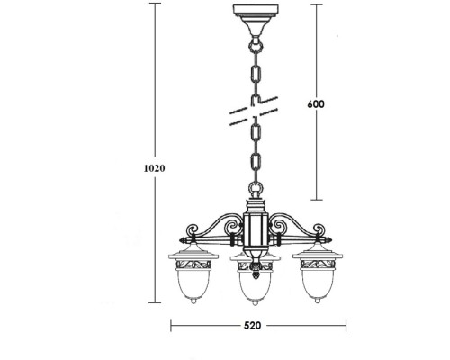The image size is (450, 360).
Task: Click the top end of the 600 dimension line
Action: (315, 6)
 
